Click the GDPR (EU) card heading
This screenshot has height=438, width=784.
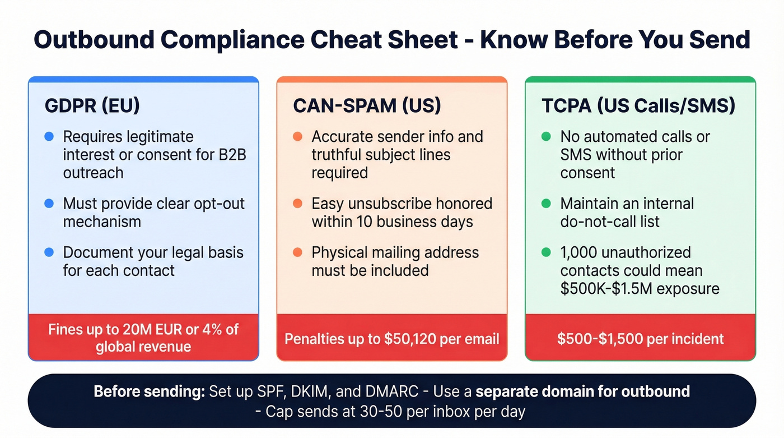click(92, 107)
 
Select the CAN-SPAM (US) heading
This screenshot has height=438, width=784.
click(367, 107)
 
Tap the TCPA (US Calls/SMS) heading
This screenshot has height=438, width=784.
click(638, 107)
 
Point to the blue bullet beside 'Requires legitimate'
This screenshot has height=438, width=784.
click(49, 136)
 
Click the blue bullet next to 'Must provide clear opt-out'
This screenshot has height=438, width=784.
click(49, 203)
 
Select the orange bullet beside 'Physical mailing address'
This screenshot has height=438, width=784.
click(297, 252)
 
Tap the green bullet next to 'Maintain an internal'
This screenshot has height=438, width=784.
click(546, 203)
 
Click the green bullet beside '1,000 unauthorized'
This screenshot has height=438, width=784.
click(546, 252)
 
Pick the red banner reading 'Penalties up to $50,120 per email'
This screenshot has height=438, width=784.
click(391, 339)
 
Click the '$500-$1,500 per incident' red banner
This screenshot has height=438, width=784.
click(640, 339)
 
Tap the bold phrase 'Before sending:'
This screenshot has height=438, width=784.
click(149, 391)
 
